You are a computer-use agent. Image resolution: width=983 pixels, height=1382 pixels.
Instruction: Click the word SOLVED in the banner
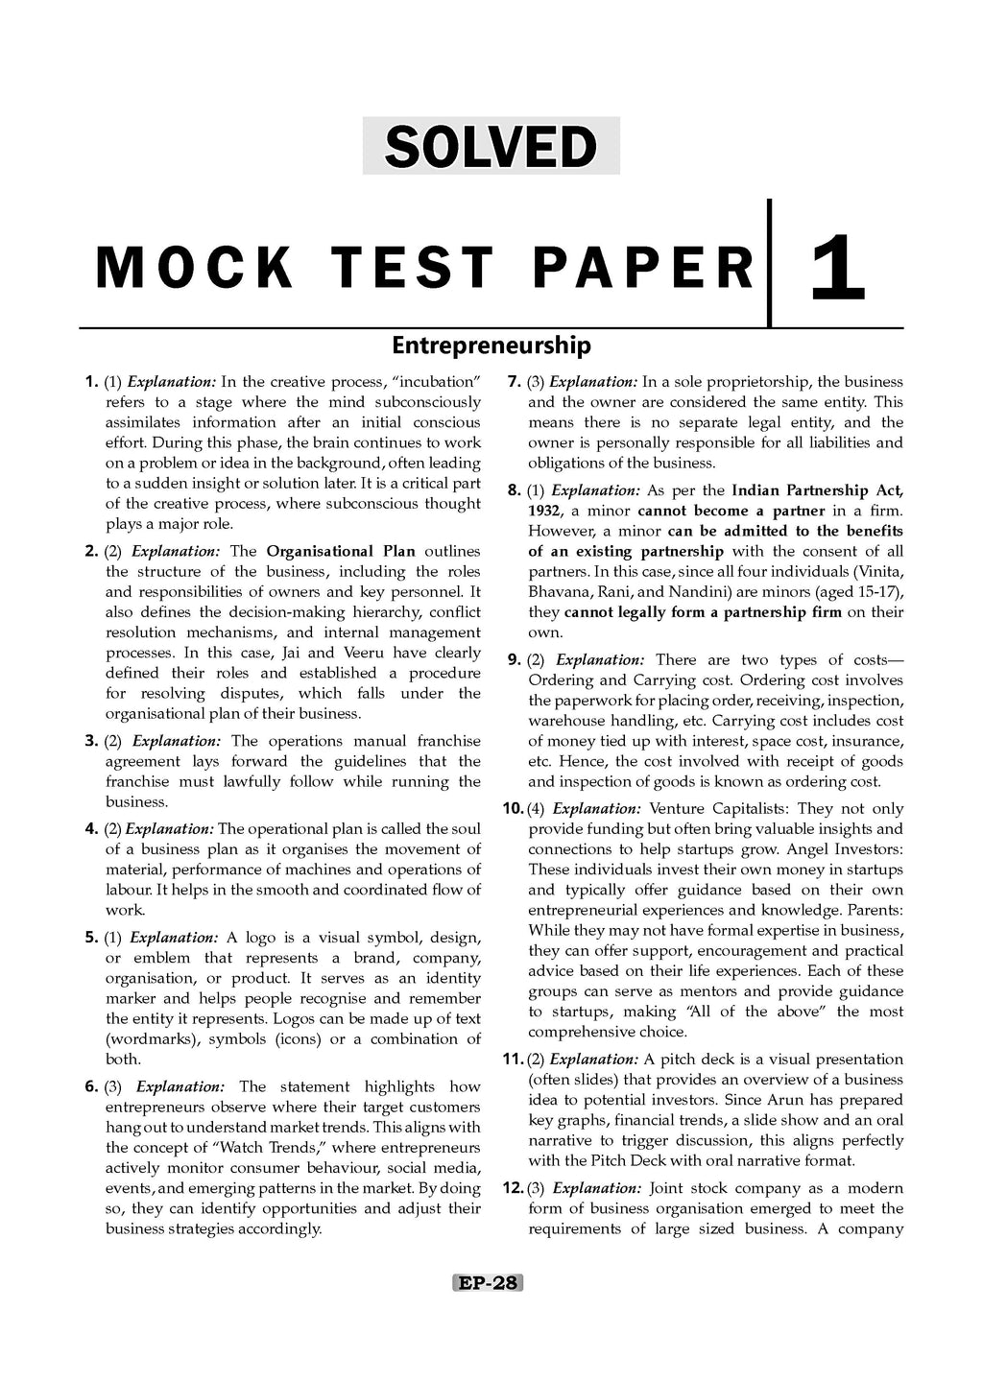491,147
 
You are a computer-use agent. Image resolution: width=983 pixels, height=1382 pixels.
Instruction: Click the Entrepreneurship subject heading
491,345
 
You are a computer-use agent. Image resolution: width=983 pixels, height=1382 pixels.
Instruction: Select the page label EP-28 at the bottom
488,1283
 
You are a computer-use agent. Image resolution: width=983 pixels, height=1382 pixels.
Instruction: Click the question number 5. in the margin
92,938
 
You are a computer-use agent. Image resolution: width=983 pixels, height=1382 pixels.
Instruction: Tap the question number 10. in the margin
513,809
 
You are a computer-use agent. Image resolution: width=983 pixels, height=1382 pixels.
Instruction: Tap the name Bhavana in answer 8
557,592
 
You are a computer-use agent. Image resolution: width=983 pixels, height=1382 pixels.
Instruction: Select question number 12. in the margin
513,1188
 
